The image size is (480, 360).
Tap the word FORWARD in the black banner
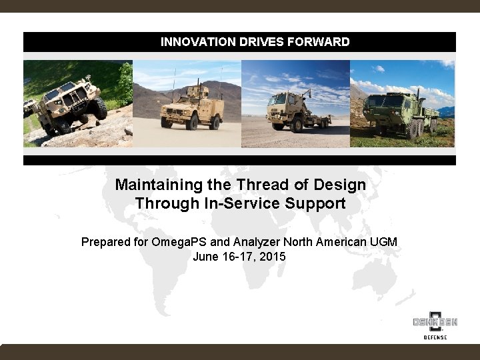(319, 42)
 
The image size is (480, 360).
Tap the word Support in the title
(315, 203)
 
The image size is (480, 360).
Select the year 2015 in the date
(272, 256)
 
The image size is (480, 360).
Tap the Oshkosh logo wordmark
(435, 322)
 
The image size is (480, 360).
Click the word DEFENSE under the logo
(435, 337)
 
